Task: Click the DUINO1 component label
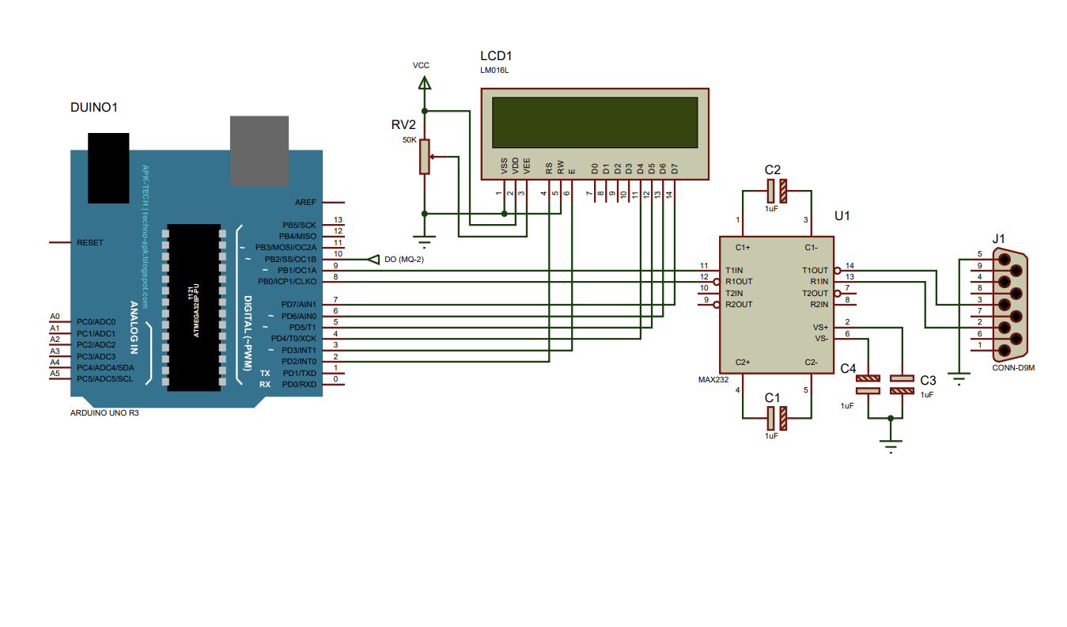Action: pyautogui.click(x=94, y=107)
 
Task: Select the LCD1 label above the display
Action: pyautogui.click(x=496, y=56)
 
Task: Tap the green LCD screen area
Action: pyautogui.click(x=594, y=123)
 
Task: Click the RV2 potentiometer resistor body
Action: pyautogui.click(x=426, y=156)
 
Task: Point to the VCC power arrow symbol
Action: pyautogui.click(x=425, y=82)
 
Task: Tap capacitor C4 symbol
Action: pyautogui.click(x=868, y=384)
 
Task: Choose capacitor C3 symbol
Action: pyautogui.click(x=902, y=384)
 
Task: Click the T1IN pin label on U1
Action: pyautogui.click(x=734, y=270)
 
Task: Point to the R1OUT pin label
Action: pyautogui.click(x=739, y=282)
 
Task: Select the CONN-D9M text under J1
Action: pyautogui.click(x=1013, y=367)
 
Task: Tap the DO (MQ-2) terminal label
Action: pyautogui.click(x=403, y=260)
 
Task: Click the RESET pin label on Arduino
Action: pyautogui.click(x=89, y=242)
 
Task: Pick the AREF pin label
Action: pyautogui.click(x=305, y=202)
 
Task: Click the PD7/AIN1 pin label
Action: pyautogui.click(x=298, y=304)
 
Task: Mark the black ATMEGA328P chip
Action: pyautogui.click(x=194, y=307)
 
